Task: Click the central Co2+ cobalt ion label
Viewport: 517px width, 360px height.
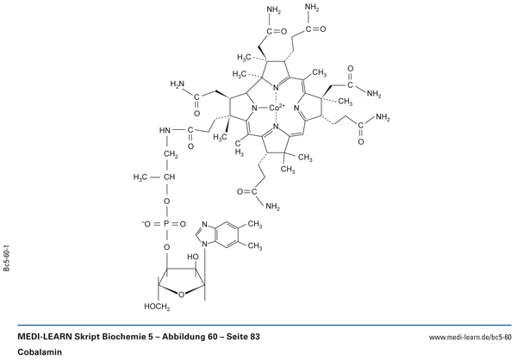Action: [x=277, y=108]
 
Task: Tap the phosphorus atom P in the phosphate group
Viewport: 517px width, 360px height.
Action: [x=166, y=224]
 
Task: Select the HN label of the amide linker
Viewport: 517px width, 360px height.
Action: [x=165, y=130]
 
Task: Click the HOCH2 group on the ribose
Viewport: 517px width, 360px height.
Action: [x=157, y=307]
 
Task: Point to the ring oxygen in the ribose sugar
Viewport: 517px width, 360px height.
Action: [x=181, y=295]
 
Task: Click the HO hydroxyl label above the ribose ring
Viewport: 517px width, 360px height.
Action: [x=193, y=257]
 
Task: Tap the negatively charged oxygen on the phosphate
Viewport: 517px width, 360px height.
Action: [x=146, y=224]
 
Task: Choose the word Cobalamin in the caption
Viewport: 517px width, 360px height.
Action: [x=40, y=352]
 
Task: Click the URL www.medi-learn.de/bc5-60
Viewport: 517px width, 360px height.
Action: [x=470, y=338]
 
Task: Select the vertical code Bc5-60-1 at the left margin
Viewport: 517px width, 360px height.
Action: [x=7, y=258]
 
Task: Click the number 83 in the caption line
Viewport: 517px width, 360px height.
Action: [x=255, y=337]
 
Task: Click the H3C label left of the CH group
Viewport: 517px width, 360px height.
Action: [x=140, y=177]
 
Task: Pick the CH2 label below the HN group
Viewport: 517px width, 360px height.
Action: [x=171, y=154]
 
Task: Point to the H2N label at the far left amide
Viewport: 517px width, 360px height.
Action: [x=177, y=84]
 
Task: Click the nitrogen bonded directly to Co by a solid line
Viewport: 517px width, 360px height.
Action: [x=254, y=108]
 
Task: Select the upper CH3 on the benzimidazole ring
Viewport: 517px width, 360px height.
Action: [x=254, y=225]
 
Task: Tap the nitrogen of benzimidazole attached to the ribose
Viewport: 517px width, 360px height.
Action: [x=204, y=245]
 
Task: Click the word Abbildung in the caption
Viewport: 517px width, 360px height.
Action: [x=182, y=337]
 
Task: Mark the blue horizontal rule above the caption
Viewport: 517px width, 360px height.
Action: [x=265, y=325]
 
